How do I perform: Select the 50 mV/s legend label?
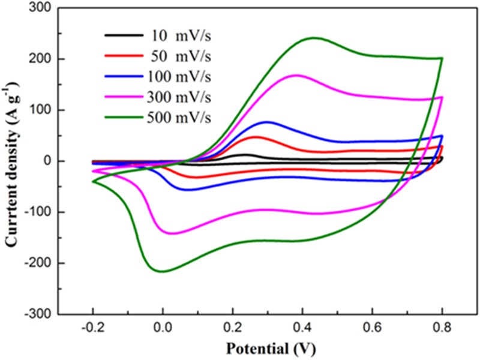coord(179,57)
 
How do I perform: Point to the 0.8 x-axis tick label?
coord(442,328)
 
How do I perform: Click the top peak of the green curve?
coord(314,38)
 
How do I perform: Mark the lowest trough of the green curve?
coord(162,271)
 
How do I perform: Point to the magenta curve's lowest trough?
coord(172,233)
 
